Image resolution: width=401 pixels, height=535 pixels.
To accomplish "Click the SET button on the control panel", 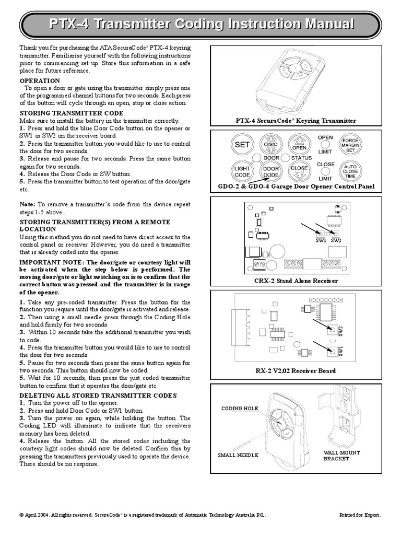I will pos(242,145).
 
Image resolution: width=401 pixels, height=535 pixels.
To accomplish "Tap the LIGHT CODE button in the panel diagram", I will pos(242,171).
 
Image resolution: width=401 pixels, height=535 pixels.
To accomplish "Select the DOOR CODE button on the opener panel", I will pos(270,171).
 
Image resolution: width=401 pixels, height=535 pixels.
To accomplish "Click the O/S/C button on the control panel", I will pos(270,145).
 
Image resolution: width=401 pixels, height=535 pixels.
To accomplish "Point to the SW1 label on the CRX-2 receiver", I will pos(321,241).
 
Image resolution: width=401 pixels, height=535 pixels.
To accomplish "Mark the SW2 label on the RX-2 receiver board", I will pos(340,330).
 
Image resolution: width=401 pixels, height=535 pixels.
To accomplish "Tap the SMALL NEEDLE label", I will pos(238,455).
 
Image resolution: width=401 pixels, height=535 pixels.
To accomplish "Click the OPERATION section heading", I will pos(40,81).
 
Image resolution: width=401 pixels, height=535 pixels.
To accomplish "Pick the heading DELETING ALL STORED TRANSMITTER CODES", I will pos(98,395).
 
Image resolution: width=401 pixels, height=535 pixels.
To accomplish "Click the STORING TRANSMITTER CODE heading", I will pos(71,113).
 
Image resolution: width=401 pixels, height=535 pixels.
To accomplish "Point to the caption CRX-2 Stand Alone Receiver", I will pos(296,281).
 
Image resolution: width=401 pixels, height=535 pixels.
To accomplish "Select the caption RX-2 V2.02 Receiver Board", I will pos(296,371).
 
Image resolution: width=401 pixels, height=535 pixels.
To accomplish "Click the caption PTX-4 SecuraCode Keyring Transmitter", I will pos(296,121).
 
